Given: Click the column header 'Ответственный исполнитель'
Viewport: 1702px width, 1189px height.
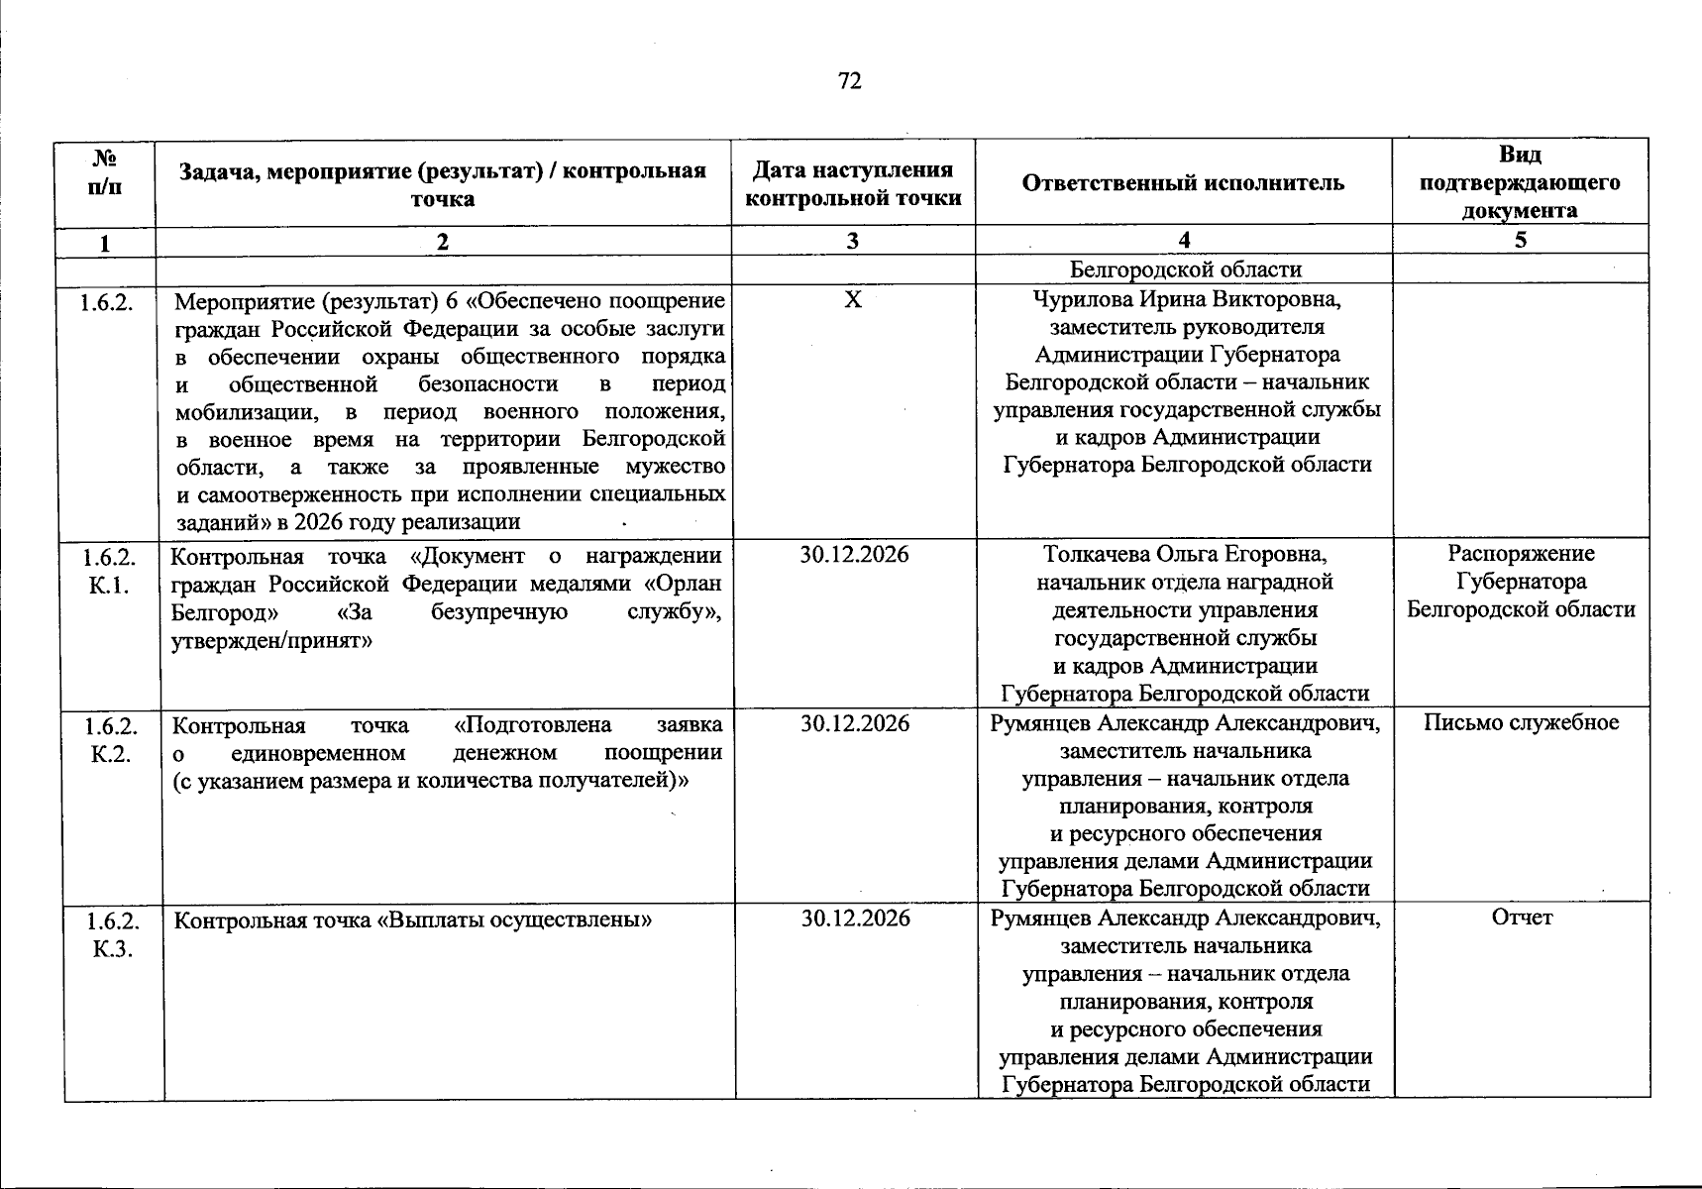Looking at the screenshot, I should point(1183,183).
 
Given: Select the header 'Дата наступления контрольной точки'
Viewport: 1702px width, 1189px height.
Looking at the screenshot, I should point(853,183).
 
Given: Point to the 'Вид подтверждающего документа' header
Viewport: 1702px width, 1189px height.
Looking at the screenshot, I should point(1520,183).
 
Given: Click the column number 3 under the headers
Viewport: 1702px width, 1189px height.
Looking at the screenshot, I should point(852,241).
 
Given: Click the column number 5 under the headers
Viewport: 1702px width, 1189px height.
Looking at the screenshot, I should point(1521,241).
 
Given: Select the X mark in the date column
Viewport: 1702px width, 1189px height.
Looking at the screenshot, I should point(852,299).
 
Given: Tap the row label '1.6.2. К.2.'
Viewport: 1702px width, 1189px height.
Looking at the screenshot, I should point(111,739).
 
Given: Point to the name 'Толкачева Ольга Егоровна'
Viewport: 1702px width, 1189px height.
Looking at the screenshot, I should point(1185,554).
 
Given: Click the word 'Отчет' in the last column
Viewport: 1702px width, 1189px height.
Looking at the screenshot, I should point(1522,918).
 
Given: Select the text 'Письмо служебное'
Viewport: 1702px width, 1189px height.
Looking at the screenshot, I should point(1521,722).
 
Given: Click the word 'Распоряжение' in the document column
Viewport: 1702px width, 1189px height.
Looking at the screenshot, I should point(1521,553).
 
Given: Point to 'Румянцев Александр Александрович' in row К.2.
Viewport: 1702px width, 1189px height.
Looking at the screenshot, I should point(1185,723).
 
